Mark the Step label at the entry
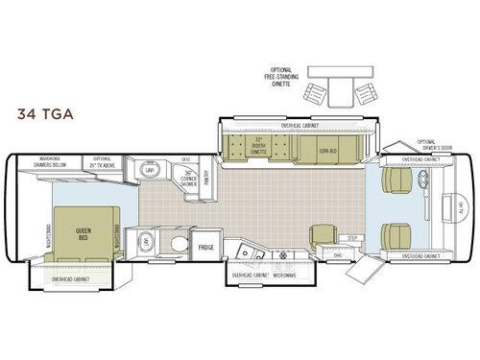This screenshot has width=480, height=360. tap(353, 236)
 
